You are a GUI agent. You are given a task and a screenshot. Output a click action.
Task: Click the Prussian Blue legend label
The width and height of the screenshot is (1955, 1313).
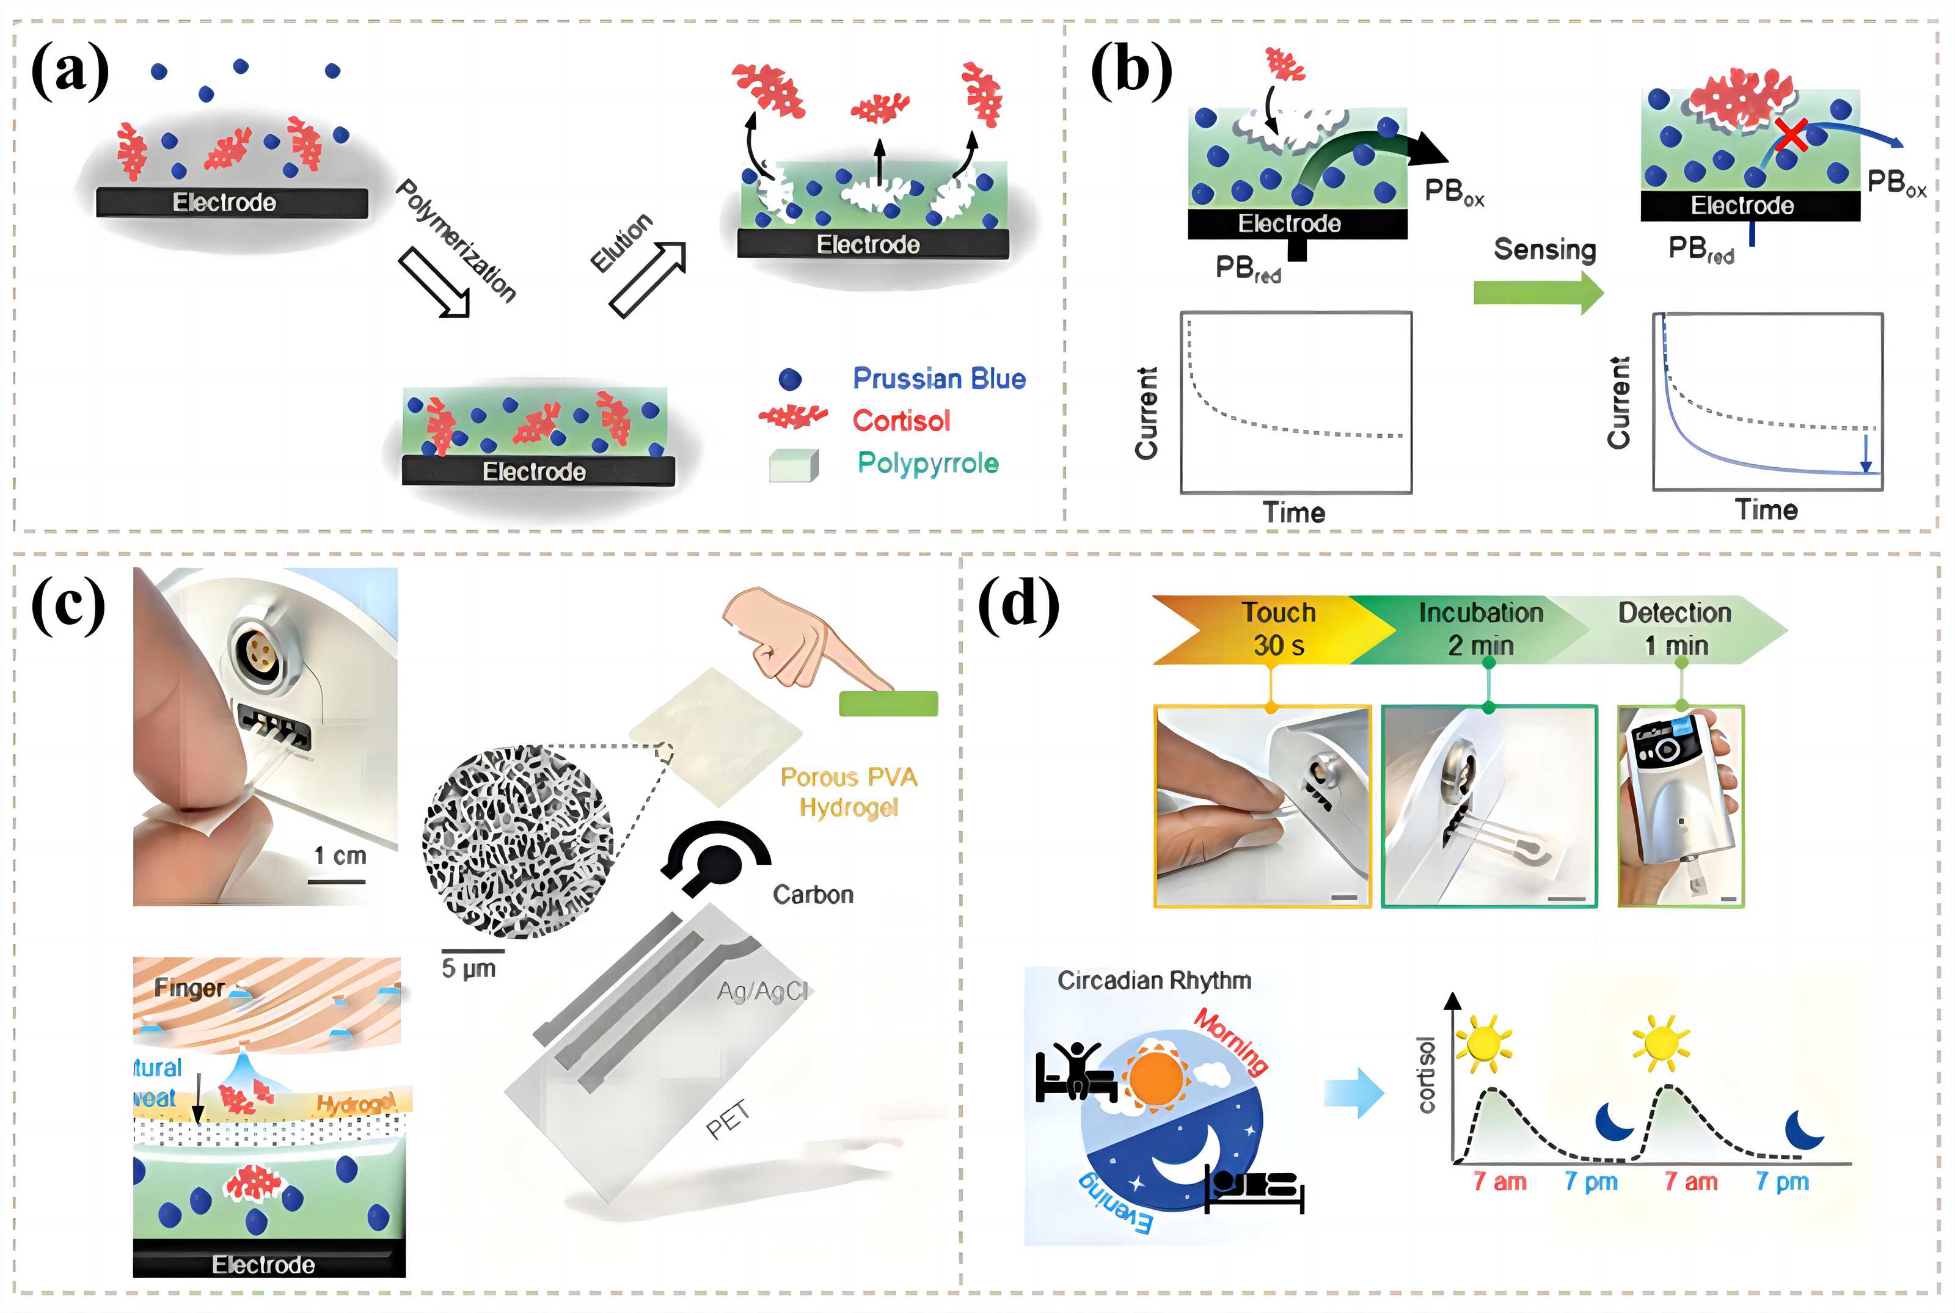tap(938, 379)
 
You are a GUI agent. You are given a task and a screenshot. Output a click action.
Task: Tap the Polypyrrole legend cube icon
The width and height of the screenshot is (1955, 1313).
tap(792, 465)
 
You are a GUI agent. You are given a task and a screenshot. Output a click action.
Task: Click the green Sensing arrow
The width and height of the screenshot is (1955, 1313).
tap(1538, 293)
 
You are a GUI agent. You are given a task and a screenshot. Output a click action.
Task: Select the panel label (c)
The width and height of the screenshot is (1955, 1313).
tap(68, 605)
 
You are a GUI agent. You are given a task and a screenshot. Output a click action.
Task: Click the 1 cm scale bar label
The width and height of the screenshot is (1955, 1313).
tap(339, 856)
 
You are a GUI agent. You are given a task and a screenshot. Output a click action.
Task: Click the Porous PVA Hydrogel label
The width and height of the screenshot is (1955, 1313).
tap(849, 791)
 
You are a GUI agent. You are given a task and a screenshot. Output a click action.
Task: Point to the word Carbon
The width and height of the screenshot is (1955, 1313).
tap(813, 894)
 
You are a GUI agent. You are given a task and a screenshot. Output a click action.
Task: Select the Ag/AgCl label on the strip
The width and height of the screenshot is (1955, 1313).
tap(761, 991)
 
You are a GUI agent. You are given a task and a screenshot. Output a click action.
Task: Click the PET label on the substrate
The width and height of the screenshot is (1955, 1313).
tap(727, 1121)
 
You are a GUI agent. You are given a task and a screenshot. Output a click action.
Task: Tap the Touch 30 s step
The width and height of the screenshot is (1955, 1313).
tap(1277, 629)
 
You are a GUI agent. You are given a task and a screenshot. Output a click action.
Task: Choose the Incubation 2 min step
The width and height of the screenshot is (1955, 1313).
tap(1480, 629)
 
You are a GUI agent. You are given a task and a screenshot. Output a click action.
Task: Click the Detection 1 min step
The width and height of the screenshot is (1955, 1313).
tap(1673, 629)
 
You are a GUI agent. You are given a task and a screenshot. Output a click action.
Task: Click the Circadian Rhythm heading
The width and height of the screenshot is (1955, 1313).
tap(1153, 981)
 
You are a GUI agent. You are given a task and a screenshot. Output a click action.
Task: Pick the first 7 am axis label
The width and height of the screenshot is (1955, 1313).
tap(1499, 1182)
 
